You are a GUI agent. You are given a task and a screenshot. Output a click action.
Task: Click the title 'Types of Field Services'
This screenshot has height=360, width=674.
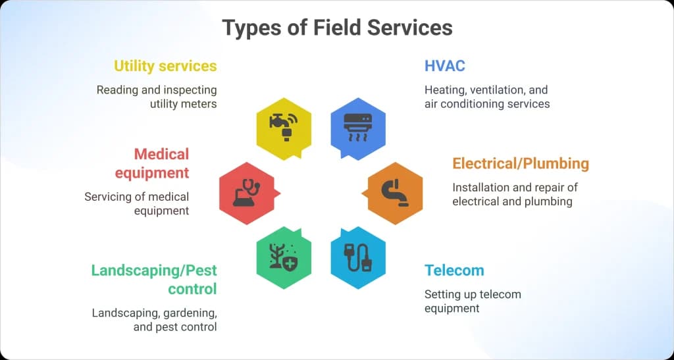pos(337,28)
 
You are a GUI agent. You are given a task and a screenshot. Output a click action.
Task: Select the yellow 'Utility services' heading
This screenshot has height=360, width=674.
pos(165,66)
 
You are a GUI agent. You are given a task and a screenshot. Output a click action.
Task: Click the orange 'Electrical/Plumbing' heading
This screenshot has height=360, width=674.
pos(520,163)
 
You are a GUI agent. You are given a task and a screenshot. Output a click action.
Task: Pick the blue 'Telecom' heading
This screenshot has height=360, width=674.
pos(454,270)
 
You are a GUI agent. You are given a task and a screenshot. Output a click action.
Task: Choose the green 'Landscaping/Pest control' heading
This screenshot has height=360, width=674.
pos(155,279)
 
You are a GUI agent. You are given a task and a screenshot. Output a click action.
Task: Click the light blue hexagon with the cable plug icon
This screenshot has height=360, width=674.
pos(357,257)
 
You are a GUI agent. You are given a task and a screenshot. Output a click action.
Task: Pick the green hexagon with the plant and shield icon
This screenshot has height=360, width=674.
pos(284,257)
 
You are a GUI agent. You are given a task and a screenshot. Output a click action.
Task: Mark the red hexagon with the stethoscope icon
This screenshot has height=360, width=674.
pos(247,193)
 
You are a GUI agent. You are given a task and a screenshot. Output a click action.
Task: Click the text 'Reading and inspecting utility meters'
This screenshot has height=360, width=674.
pos(157,97)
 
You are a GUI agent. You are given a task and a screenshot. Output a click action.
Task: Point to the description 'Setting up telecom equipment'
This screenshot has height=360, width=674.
pos(473,301)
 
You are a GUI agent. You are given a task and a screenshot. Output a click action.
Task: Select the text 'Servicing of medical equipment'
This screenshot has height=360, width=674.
pos(137,203)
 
